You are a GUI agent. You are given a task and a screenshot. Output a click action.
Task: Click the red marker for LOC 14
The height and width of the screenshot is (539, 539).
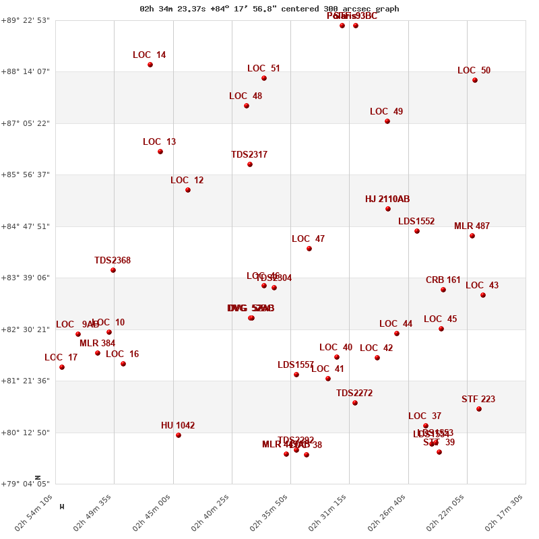[150, 65]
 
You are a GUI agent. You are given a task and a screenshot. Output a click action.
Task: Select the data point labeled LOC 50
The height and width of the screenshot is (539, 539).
[475, 80]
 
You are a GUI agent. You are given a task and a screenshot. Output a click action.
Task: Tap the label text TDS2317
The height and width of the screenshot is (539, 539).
[249, 155]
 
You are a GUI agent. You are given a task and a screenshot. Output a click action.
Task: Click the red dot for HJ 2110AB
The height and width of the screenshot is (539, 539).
[388, 209]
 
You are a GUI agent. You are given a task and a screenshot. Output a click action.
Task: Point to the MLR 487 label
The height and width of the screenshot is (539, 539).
[472, 226]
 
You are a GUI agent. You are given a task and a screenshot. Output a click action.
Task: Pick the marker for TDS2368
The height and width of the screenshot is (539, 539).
[113, 270]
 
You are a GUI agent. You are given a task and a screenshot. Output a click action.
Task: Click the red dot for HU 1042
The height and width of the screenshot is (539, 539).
[179, 435]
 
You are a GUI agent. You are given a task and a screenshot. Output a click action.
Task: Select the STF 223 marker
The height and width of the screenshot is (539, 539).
[479, 409]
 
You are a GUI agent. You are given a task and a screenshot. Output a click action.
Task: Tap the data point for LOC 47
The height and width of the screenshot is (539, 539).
[309, 249]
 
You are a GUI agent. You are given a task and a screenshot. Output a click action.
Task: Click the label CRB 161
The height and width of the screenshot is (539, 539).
[443, 280]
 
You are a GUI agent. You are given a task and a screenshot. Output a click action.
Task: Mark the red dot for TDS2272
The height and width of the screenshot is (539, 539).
[355, 403]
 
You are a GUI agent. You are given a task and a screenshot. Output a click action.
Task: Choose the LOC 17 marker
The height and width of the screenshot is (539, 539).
[62, 367]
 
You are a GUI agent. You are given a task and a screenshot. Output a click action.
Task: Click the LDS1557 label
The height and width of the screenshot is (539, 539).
[296, 365]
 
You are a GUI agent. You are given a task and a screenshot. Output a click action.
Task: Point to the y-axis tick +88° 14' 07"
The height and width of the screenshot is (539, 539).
[28, 71]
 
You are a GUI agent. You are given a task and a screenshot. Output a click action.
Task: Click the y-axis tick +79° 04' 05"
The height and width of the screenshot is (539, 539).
[28, 484]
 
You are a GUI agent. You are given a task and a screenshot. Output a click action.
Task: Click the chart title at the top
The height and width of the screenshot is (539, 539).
[269, 9]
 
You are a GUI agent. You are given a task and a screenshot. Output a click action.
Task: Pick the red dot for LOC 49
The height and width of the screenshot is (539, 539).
[387, 121]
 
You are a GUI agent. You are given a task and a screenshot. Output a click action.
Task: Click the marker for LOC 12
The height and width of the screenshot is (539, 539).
[188, 190]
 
